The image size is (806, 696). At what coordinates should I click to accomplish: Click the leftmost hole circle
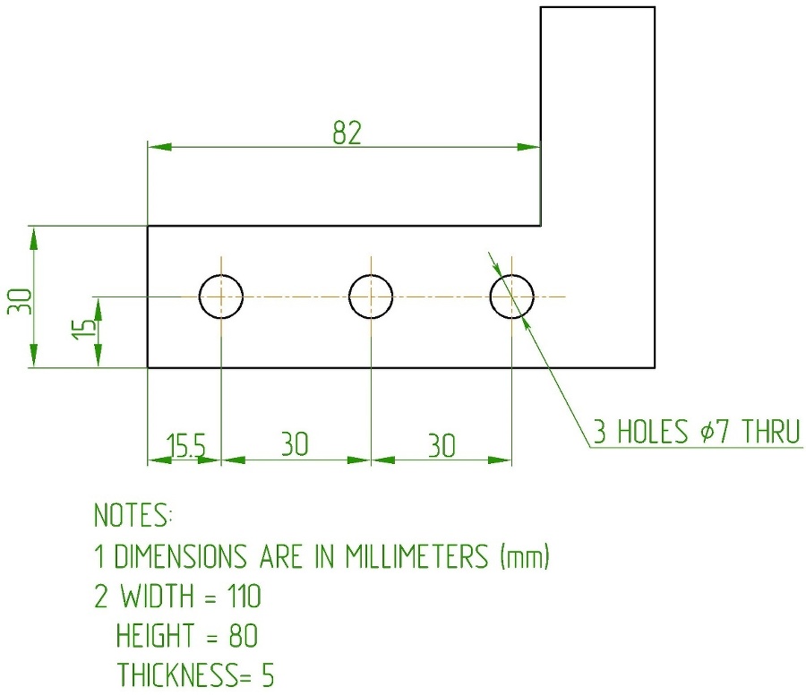pyautogui.click(x=221, y=296)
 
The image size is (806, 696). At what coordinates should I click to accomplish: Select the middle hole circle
pyautogui.click(x=371, y=296)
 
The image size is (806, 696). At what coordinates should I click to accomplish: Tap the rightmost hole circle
pyautogui.click(x=512, y=296)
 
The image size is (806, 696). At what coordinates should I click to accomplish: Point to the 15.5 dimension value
pyautogui.click(x=185, y=445)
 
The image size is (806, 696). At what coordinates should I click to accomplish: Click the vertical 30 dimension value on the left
pyautogui.click(x=20, y=302)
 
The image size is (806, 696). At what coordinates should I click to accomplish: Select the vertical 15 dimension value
pyautogui.click(x=83, y=329)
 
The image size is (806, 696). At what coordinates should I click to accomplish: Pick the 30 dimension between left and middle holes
pyautogui.click(x=295, y=444)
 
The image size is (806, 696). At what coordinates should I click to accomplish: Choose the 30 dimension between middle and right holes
pyautogui.click(x=442, y=446)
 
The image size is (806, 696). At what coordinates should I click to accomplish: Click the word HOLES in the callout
pyautogui.click(x=652, y=432)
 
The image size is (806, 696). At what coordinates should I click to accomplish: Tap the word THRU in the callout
pyautogui.click(x=770, y=432)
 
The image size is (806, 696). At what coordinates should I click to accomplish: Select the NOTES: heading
pyautogui.click(x=133, y=514)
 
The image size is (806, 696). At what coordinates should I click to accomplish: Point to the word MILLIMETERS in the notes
pyautogui.click(x=416, y=556)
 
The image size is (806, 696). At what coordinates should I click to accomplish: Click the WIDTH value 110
pyautogui.click(x=244, y=597)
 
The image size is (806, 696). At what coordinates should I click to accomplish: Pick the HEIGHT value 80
pyautogui.click(x=243, y=635)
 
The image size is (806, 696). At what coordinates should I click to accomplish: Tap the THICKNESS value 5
pyautogui.click(x=268, y=675)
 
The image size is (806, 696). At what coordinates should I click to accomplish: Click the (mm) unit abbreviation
pyautogui.click(x=525, y=556)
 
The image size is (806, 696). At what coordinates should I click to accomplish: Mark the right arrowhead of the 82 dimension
pyautogui.click(x=528, y=148)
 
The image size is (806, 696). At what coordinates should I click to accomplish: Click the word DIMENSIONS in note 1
pyautogui.click(x=180, y=556)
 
